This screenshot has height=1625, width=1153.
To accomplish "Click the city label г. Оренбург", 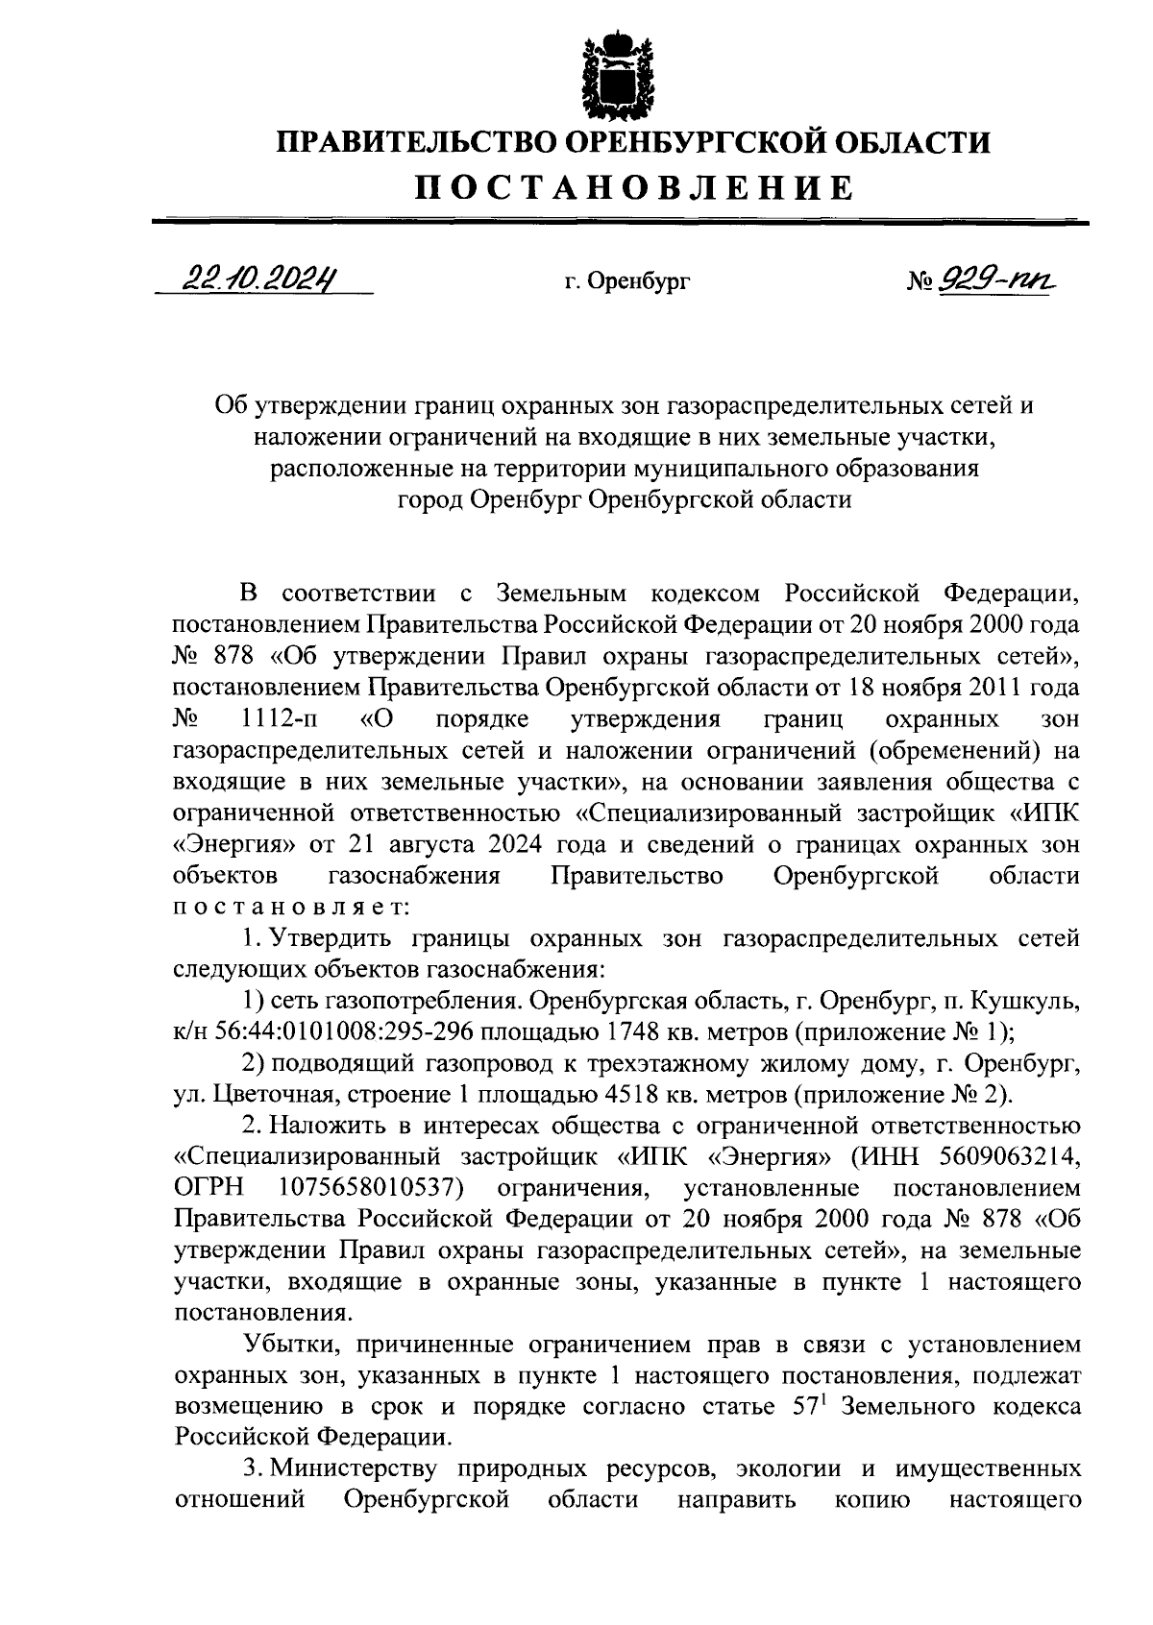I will point(627,282).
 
